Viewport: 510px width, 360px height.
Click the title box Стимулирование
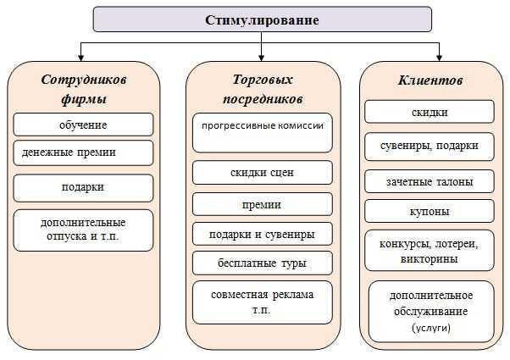[262, 19]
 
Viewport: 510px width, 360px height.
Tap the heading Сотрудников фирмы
[84, 89]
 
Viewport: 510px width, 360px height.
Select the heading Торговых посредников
[263, 89]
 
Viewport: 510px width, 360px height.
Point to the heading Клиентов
[430, 80]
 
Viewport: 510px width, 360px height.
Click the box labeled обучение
[83, 125]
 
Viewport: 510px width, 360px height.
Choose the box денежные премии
[83, 152]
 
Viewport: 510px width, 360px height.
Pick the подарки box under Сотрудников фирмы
[83, 188]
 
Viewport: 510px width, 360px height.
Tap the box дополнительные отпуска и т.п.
[83, 230]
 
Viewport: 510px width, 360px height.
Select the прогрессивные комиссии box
[263, 133]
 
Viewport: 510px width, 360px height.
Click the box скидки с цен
[263, 173]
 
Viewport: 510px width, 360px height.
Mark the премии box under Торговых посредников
[263, 204]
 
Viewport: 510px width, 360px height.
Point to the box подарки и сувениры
[263, 234]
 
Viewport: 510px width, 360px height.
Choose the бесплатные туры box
[263, 263]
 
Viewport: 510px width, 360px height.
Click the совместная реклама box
[263, 302]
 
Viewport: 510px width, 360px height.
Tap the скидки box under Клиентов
[430, 112]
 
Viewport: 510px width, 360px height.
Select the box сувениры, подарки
[430, 147]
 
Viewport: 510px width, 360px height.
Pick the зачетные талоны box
[430, 181]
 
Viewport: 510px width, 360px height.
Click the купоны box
[430, 211]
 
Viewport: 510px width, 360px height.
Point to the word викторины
[429, 259]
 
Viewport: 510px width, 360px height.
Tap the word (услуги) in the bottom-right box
[431, 328]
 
